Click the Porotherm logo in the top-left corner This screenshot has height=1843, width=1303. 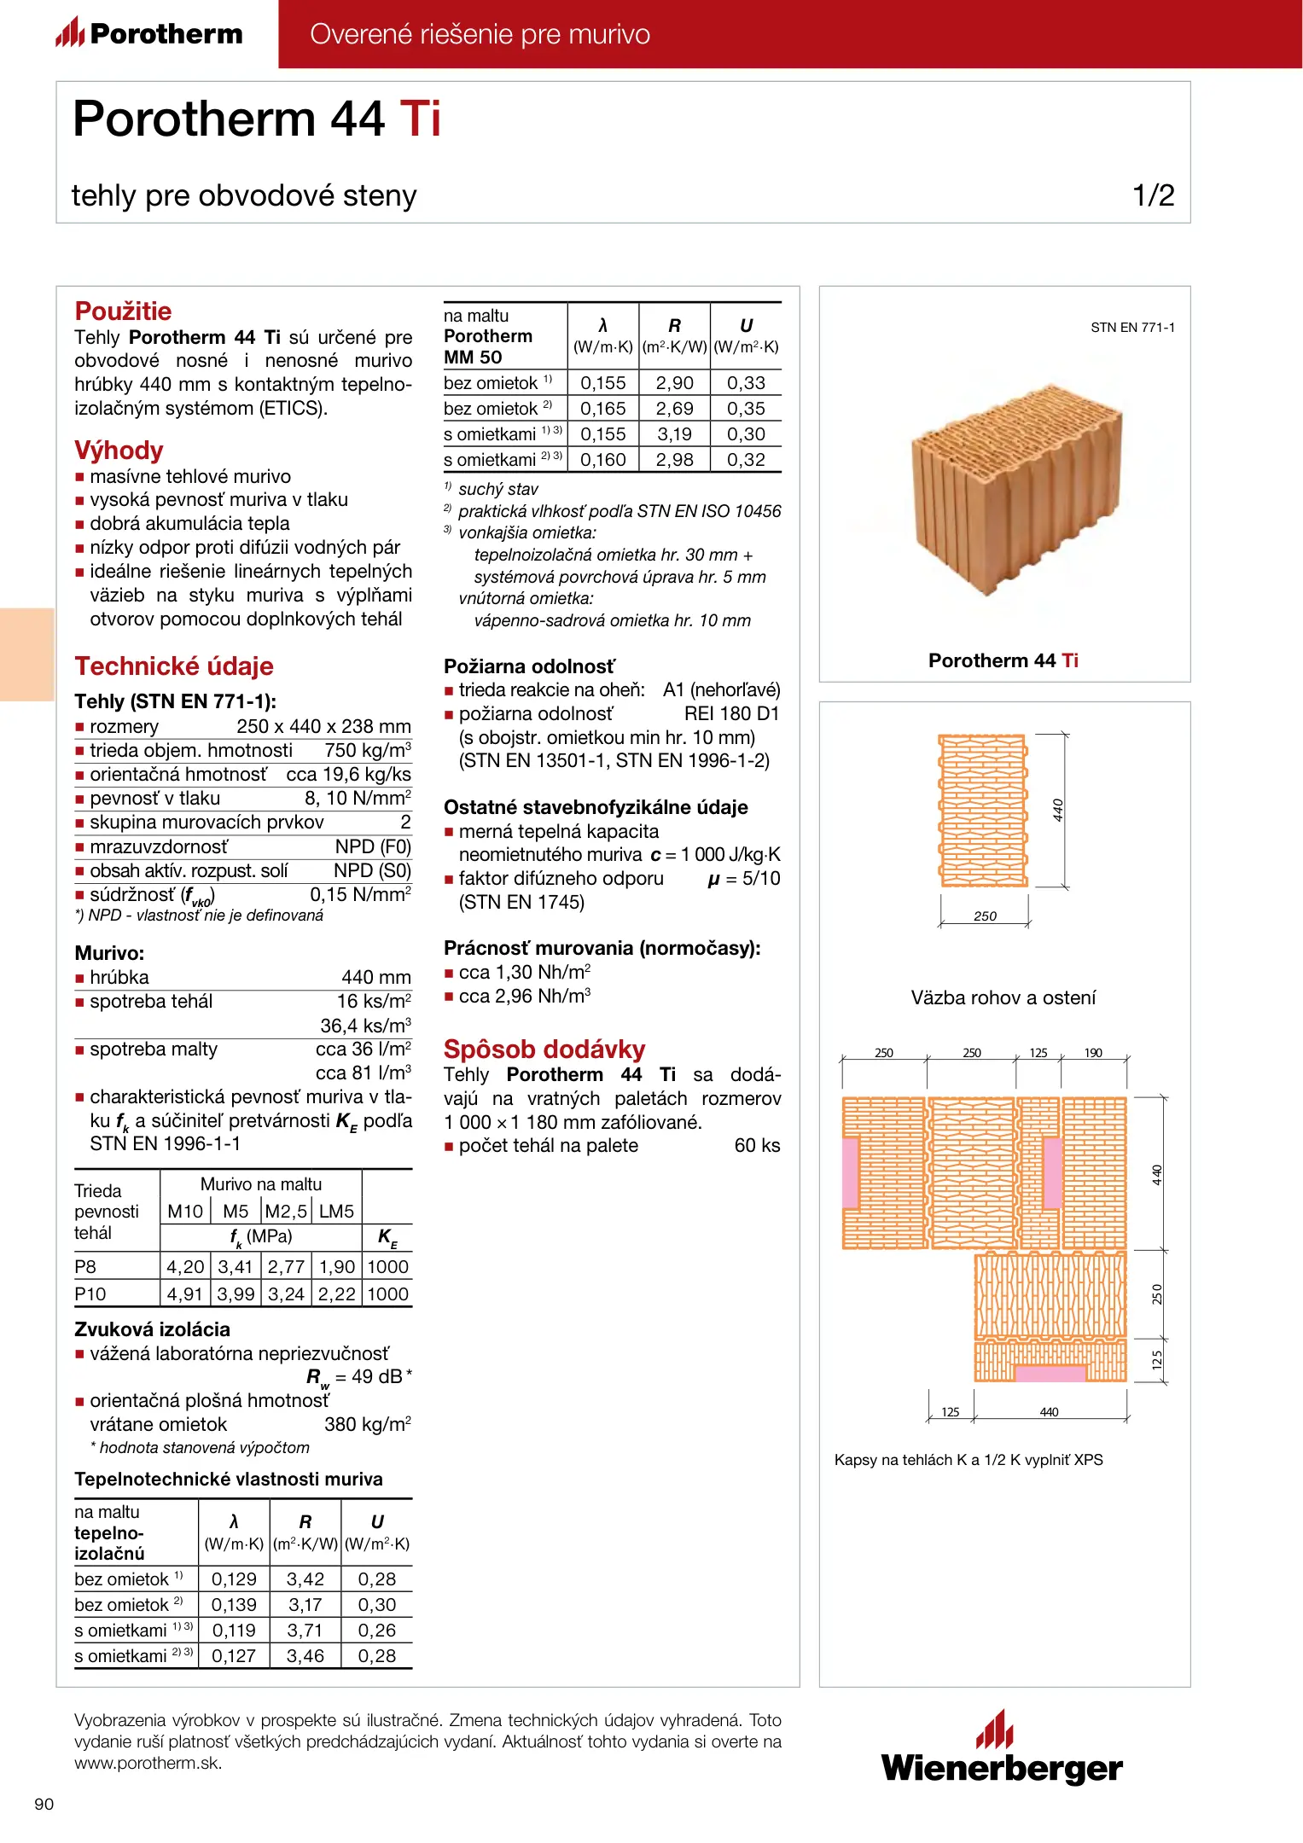pos(149,33)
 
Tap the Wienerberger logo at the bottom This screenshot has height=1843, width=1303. pos(1002,1750)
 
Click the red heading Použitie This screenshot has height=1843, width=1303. pos(123,311)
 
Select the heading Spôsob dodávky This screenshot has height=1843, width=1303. pos(544,1049)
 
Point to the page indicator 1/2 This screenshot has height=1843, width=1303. pos(1153,195)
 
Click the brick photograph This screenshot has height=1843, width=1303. pos(1015,494)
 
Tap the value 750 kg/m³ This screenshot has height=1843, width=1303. pos(367,750)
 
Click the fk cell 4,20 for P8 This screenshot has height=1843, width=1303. pos(185,1267)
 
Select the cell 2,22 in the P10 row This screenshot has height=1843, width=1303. pos(337,1294)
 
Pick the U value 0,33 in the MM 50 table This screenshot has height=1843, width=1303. pos(746,383)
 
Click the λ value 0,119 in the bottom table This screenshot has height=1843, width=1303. pos(234,1631)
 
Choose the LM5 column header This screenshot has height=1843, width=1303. pos(336,1212)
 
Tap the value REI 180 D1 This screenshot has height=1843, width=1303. pos(731,713)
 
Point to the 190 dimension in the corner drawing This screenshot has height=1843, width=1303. pos(1093,1053)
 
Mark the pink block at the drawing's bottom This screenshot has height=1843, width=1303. pos(1050,1373)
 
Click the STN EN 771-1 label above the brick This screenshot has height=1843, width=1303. pos(1132,328)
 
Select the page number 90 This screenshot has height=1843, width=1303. pos(44,1804)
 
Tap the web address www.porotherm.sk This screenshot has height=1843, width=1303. pos(148,1763)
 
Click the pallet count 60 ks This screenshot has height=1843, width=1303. pos(757,1145)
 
